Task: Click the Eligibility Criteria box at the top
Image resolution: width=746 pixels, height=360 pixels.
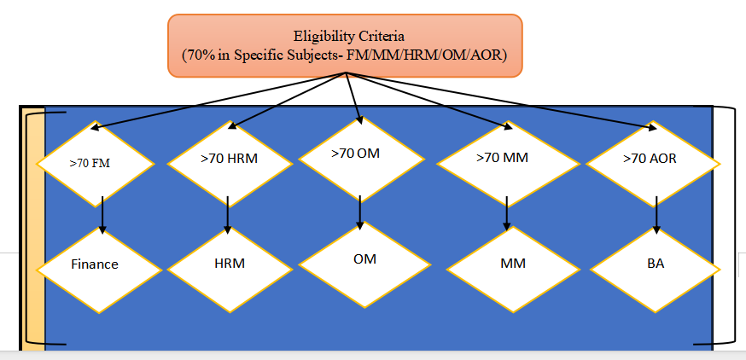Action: (x=344, y=45)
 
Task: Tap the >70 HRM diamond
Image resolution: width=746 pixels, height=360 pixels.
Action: (x=229, y=158)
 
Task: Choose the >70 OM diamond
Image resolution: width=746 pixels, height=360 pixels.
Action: (x=360, y=154)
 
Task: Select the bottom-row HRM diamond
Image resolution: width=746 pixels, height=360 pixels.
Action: (x=229, y=264)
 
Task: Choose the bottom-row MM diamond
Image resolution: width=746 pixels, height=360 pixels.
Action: (x=512, y=264)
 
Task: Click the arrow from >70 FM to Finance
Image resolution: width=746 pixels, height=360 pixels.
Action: (x=102, y=215)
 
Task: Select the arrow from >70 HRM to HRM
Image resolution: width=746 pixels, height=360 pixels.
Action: (x=228, y=215)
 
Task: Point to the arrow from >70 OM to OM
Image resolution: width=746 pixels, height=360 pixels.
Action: (x=360, y=212)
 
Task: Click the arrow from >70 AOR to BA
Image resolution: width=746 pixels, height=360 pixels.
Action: (x=656, y=215)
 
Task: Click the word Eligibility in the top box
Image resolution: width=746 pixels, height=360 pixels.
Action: (x=322, y=37)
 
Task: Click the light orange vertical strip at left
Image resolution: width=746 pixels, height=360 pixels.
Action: (x=35, y=230)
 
